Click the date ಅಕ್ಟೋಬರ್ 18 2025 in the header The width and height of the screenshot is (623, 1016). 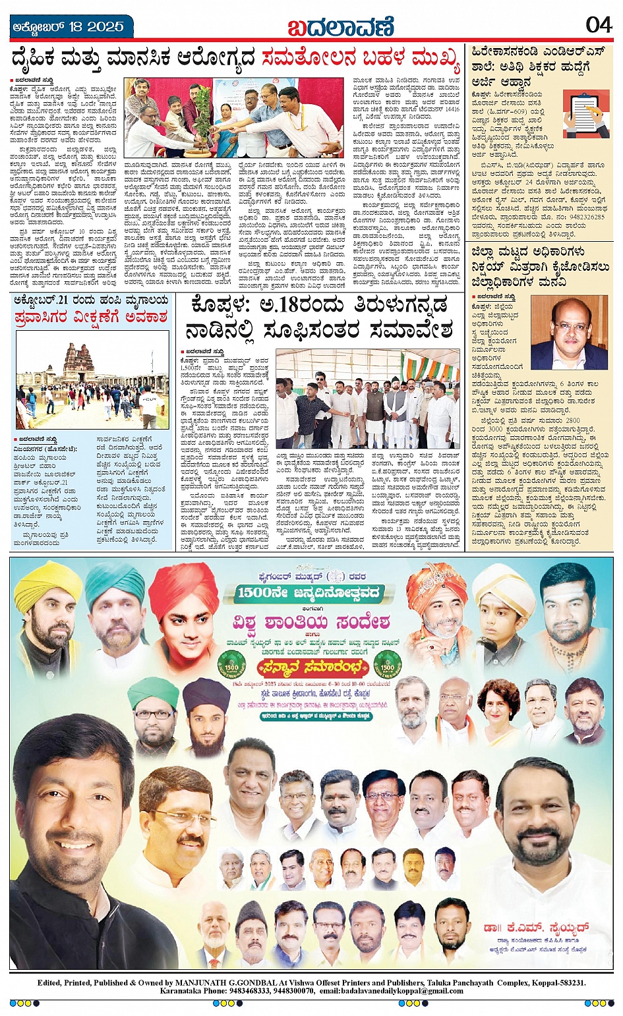click(x=69, y=27)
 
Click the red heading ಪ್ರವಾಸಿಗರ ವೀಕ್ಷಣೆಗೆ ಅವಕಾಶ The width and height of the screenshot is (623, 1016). click(x=91, y=316)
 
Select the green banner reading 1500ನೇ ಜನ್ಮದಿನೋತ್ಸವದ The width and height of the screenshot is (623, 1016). click(x=310, y=592)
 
